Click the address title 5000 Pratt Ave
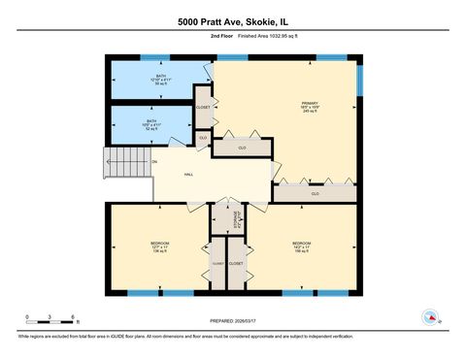click(x=232, y=21)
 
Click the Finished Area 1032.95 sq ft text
click(x=254, y=36)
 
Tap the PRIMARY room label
click(x=309, y=106)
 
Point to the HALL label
click(x=188, y=176)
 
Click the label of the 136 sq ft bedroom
click(x=159, y=246)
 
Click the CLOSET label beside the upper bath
click(x=203, y=107)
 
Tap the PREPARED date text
click(x=233, y=320)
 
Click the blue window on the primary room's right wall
click(x=358, y=81)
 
